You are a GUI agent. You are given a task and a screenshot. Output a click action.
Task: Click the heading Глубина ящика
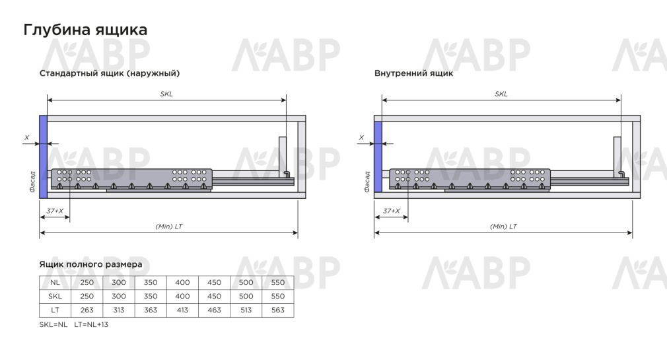pos(85,30)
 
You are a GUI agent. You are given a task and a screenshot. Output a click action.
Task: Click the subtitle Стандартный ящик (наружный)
pos(110,73)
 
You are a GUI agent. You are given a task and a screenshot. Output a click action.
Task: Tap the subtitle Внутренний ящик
pos(413,73)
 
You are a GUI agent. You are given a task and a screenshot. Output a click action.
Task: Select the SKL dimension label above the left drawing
pos(166,94)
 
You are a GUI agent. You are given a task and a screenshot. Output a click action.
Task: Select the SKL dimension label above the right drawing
pos(501,94)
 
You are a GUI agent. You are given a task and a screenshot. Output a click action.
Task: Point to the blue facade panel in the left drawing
pos(43,157)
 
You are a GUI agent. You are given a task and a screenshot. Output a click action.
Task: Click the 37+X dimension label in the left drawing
pos(55,211)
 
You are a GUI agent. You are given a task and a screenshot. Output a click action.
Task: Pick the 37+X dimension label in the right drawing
pos(392,211)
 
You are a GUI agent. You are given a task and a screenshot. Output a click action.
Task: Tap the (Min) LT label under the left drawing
pos(169,227)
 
